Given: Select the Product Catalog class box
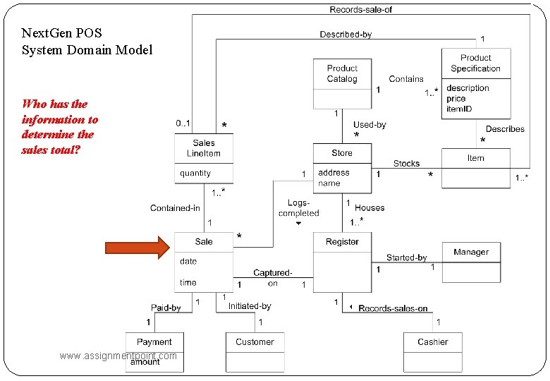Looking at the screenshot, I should pos(342,83).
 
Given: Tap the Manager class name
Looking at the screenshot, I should pos(471,252).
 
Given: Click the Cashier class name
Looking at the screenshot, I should pos(432,341).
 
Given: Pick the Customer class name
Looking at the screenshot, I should pos(255,341).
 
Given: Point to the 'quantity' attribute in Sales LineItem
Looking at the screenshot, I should pos(195,173).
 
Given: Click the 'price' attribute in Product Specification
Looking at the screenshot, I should pos(456,99).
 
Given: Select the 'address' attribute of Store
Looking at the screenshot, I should pos(334,172).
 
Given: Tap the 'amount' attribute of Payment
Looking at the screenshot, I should pos(145,362).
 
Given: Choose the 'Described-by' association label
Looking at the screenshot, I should pos(346,34).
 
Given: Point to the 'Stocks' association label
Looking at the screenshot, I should pos(406,163).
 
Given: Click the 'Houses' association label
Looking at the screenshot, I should pos(369,207).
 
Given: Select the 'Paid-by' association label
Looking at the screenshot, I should pos(166,308).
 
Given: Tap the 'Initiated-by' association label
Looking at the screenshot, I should pos(250,306).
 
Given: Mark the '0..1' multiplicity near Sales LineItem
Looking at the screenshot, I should pos(183,124).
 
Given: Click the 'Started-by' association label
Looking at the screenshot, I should pos(406,258).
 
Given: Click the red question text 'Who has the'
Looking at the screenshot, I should pos(55,104).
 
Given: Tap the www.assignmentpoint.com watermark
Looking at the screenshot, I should pos(118,356).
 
